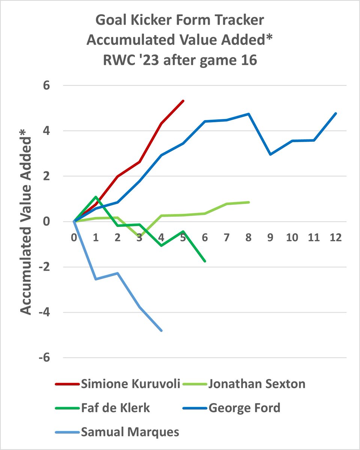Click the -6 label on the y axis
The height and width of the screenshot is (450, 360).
47,358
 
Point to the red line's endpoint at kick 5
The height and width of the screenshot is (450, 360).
183,100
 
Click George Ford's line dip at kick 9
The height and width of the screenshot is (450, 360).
270,154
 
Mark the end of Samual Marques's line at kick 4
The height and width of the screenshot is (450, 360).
162,331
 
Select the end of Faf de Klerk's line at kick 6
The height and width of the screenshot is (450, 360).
205,261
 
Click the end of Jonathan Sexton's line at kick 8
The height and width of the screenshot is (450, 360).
249,202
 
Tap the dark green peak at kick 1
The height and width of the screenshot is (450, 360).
96,196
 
